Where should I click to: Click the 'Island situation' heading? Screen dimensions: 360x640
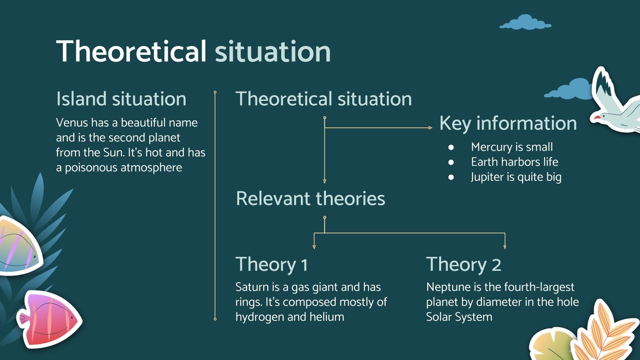point(121,99)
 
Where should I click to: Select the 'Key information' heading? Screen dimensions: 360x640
point(508,123)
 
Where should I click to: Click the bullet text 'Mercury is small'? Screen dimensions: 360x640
point(512,147)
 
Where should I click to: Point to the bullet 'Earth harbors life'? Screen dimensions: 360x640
point(514,162)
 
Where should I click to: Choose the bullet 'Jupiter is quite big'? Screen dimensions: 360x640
point(516,177)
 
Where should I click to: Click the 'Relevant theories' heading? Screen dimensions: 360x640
point(310,198)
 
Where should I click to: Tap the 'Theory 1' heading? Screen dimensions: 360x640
point(272,264)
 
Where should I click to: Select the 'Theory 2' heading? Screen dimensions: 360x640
point(464,264)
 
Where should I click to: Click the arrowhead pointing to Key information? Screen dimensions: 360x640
point(430,128)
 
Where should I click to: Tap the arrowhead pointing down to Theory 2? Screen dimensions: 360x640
point(505,247)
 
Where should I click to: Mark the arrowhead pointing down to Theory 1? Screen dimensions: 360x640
point(314,247)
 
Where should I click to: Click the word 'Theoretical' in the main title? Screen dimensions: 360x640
point(131,52)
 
